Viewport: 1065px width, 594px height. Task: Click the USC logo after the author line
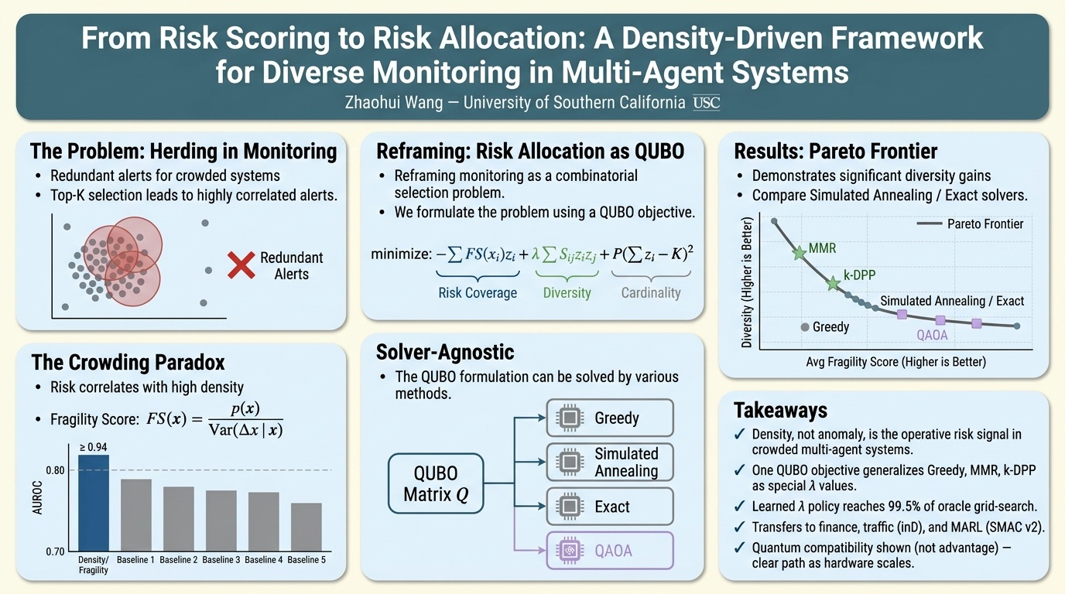[707, 103]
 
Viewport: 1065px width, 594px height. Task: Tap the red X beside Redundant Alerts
[241, 265]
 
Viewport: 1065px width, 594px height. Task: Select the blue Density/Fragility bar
[94, 503]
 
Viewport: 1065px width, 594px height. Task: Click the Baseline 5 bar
[306, 527]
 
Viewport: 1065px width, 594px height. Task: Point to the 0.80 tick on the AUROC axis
[55, 470]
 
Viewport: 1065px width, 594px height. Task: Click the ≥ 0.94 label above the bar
[93, 447]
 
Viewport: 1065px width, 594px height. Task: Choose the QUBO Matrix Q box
[436, 483]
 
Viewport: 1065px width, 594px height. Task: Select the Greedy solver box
[610, 418]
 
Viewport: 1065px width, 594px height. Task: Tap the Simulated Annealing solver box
[610, 462]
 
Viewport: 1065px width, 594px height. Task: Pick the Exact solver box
[610, 506]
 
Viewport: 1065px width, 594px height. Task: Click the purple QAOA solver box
[610, 550]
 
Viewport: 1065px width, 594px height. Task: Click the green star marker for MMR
[800, 253]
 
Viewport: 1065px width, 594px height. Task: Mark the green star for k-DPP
[833, 284]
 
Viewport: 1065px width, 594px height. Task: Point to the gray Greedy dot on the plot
[805, 327]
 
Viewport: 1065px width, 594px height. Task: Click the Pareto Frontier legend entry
[970, 224]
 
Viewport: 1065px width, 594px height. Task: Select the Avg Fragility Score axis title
[895, 362]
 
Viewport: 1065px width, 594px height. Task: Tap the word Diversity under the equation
[567, 292]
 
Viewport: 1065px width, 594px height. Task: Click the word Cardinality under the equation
[651, 292]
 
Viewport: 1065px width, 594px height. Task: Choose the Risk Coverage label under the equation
[478, 292]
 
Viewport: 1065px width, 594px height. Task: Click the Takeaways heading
[781, 410]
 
